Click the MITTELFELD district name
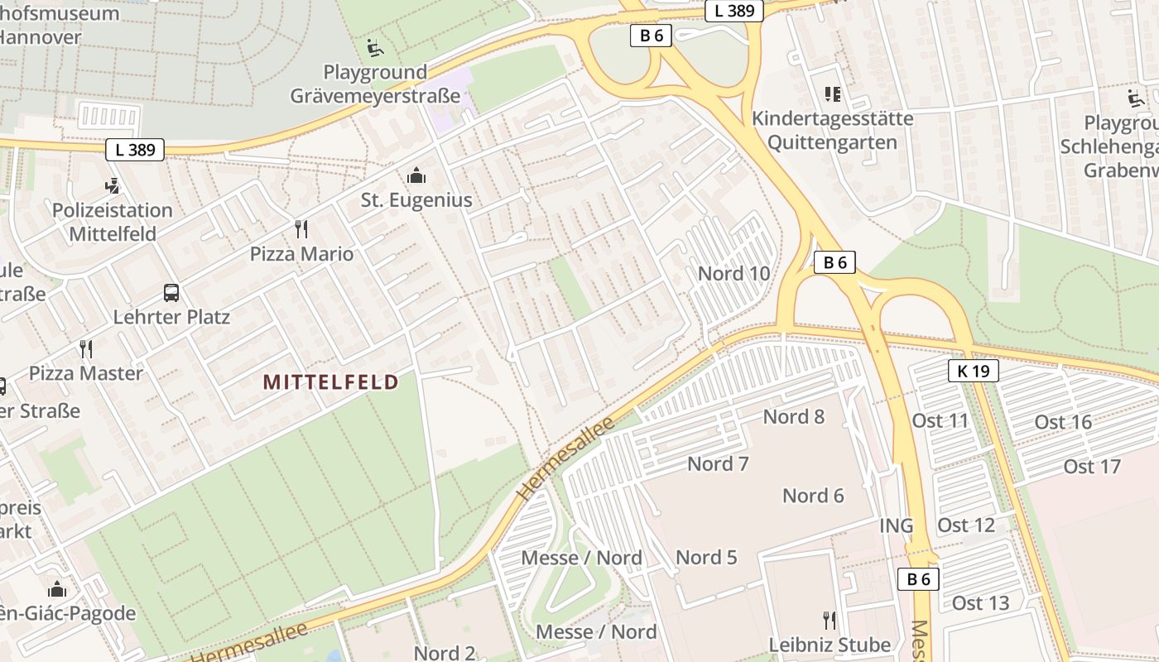(330, 381)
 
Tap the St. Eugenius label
(416, 200)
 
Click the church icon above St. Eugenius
(416, 175)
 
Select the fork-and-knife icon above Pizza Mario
(301, 229)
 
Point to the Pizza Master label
(86, 373)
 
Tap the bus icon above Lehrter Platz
(171, 292)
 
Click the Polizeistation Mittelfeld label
(113, 222)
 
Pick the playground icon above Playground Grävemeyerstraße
(375, 47)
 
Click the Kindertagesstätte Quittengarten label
(832, 130)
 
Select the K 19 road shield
(973, 371)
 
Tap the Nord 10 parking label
(733, 273)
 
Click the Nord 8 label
(793, 416)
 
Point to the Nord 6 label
(813, 496)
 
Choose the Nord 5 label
(706, 557)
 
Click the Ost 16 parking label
(1063, 422)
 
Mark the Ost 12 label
(965, 525)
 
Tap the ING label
(896, 525)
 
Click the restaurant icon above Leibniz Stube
(830, 620)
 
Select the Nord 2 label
(445, 653)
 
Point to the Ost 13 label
(980, 602)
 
